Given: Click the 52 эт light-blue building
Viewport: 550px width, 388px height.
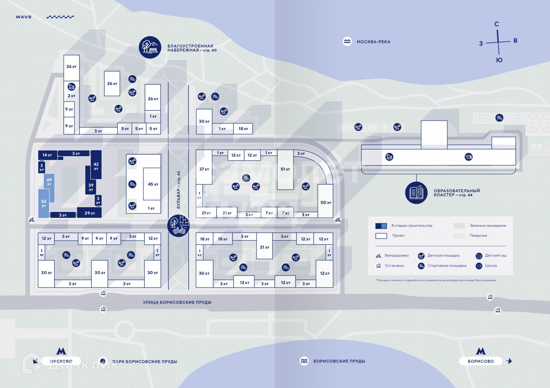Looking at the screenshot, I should tap(44, 204).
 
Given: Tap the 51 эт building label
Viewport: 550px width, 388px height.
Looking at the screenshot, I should tap(285, 169).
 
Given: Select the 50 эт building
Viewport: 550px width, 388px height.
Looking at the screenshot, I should tap(325, 202).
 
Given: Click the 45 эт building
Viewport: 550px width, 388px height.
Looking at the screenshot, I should tap(152, 184).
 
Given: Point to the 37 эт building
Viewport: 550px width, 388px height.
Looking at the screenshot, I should tap(204, 169).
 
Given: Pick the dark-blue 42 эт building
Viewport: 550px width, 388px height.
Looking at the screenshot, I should tap(96, 165).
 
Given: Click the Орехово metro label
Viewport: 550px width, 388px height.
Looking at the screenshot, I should tap(61, 361).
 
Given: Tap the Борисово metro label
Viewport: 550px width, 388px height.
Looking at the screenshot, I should tap(481, 361).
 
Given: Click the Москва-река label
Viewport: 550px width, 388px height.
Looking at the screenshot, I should tap(373, 42).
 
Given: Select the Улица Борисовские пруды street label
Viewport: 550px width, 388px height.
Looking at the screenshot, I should tap(177, 302).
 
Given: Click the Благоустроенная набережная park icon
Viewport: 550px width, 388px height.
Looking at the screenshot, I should tap(150, 47).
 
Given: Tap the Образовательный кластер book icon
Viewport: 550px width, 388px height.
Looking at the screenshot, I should tap(416, 193).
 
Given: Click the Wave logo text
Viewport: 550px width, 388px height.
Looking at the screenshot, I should tap(23, 17).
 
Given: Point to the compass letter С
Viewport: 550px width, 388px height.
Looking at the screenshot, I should tap(496, 24).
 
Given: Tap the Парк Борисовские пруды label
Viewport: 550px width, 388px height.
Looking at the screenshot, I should tap(144, 361).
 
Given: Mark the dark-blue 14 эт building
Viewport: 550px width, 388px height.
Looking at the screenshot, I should tap(47, 155).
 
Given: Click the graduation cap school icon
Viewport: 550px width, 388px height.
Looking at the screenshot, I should tap(468, 157).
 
